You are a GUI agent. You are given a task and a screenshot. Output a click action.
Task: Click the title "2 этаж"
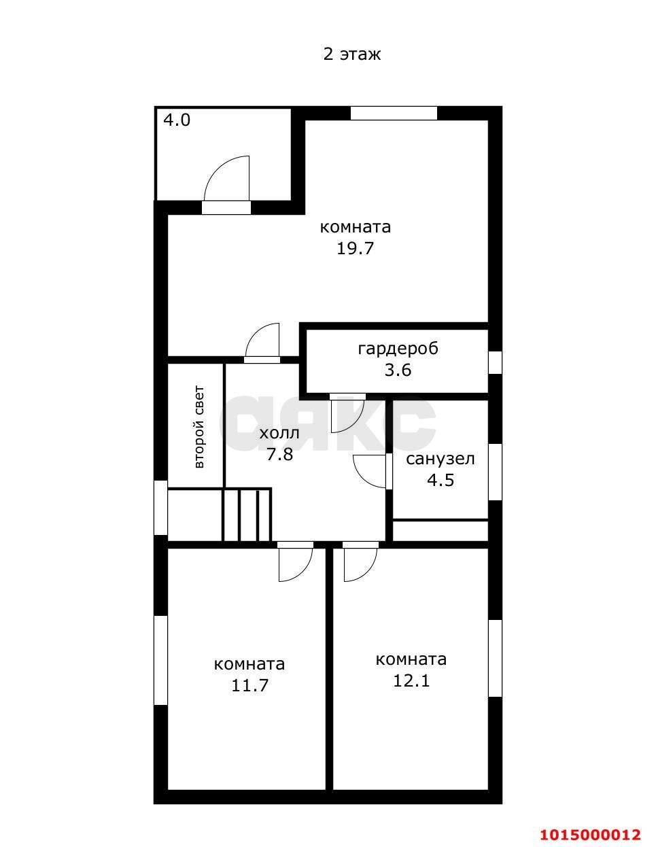tap(351, 54)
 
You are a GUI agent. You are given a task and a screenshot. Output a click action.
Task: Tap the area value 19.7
tap(355, 248)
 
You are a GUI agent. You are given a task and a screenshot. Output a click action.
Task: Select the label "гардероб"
tap(398, 349)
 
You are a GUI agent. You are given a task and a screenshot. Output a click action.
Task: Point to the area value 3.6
tap(398, 370)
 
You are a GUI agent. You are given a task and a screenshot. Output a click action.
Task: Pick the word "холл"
tap(279, 433)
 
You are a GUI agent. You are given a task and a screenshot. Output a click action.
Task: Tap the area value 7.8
tap(279, 454)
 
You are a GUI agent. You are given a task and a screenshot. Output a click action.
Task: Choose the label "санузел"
tap(441, 459)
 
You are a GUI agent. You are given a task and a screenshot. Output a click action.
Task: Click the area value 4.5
tap(441, 480)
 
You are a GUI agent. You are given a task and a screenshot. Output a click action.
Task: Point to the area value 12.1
tap(411, 680)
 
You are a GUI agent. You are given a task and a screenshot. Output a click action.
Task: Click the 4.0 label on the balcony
tap(177, 120)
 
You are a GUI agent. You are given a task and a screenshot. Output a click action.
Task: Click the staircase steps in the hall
tap(246, 515)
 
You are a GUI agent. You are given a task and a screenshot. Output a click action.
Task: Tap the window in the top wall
tap(394, 113)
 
